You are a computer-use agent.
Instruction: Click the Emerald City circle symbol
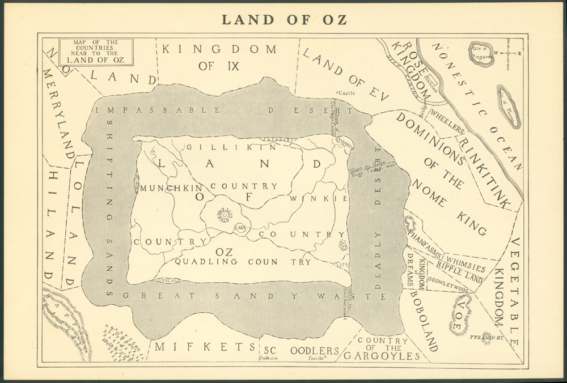(x=225, y=215)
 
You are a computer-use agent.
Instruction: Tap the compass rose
(x=509, y=53)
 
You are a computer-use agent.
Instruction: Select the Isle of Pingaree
(x=481, y=53)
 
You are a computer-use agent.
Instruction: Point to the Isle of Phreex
(x=508, y=105)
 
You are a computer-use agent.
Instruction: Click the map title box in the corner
(x=96, y=51)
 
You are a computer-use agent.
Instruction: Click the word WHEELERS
(x=447, y=121)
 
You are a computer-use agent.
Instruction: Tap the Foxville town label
(x=318, y=358)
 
